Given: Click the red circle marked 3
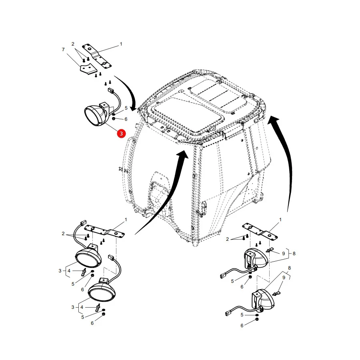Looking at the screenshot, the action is click(121, 133).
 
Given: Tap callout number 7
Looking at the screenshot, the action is click(63, 50).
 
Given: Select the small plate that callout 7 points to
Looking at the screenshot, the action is click(88, 68).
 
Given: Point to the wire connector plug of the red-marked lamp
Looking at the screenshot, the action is click(111, 91).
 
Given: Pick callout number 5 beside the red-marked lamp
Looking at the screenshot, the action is click(126, 108).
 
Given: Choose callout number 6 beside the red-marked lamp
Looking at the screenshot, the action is click(126, 119).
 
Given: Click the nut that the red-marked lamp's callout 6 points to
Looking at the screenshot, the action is click(114, 118).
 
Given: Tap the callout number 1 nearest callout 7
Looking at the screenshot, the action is click(121, 44).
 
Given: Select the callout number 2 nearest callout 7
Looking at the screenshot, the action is click(73, 44).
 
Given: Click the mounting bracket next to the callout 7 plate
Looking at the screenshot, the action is click(97, 56).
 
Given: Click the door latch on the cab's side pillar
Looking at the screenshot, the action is click(204, 207).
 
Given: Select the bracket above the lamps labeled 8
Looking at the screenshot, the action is click(260, 232).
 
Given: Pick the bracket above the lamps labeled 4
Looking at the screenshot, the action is click(105, 232).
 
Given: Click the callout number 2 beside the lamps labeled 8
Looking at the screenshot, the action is click(227, 239).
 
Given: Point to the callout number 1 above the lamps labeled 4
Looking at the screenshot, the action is click(126, 220).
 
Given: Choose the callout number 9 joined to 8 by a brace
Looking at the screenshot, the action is click(284, 254).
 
